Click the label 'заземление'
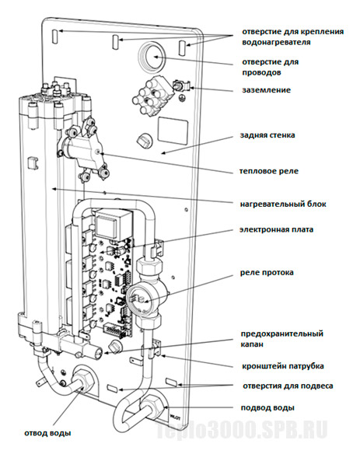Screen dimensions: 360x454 pyautogui.click(x=266, y=90)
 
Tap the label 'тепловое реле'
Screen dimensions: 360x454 pyautogui.click(x=268, y=171)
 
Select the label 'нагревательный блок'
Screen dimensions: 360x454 pyautogui.click(x=283, y=204)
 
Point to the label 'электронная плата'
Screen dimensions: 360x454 pyautogui.click(x=276, y=230)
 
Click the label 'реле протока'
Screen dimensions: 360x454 pyautogui.click(x=267, y=273)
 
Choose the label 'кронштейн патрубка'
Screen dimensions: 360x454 pyautogui.click(x=283, y=366)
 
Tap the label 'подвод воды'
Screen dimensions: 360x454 pyautogui.click(x=267, y=408)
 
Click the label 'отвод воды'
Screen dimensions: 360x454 pyautogui.click(x=47, y=433)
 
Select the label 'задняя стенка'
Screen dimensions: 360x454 pyautogui.click(x=267, y=135)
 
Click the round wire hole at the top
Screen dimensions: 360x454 pyautogui.click(x=152, y=57)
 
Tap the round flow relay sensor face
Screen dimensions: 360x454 pyautogui.click(x=138, y=299)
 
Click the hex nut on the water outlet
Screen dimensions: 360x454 pyautogui.click(x=82, y=380)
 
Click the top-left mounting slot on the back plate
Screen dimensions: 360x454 pyautogui.click(x=55, y=37)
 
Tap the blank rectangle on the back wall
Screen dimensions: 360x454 pyautogui.click(x=173, y=130)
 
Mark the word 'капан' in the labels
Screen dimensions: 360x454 pyautogui.click(x=252, y=344)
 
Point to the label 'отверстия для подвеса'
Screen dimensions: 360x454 pyautogui.click(x=288, y=386)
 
